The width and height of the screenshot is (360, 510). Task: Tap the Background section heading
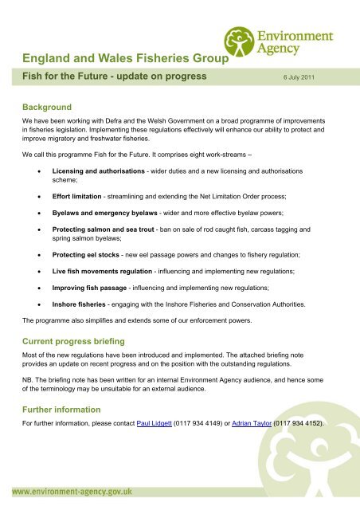click(47, 106)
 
